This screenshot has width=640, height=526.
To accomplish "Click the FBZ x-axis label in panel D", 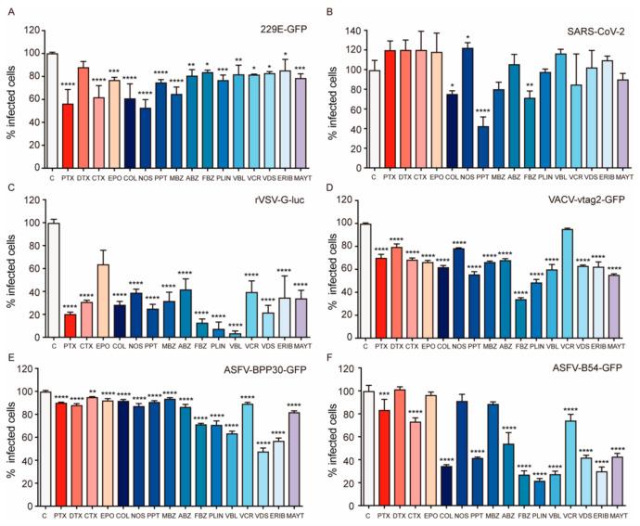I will tap(523, 347).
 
